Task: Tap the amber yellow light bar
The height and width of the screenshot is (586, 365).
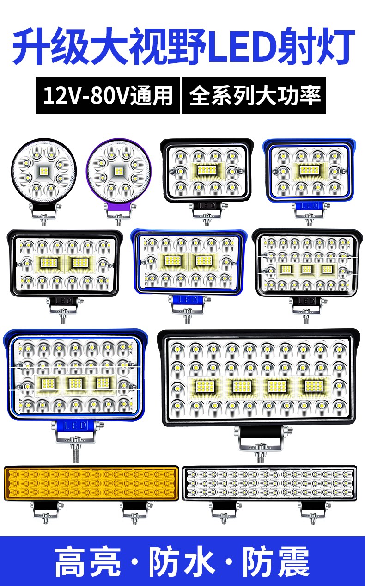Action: coord(91,483)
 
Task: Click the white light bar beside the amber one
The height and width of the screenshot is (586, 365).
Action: coord(269,483)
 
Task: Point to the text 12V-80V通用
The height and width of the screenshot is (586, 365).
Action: coord(108,96)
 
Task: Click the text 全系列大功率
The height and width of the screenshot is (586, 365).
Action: coord(255,96)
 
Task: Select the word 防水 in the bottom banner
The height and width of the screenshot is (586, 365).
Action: coord(182,562)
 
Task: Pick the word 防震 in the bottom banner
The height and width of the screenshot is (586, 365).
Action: coord(276,562)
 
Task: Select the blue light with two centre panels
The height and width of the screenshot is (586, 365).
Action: coord(188,261)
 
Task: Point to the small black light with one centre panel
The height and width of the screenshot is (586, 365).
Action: coord(207,170)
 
